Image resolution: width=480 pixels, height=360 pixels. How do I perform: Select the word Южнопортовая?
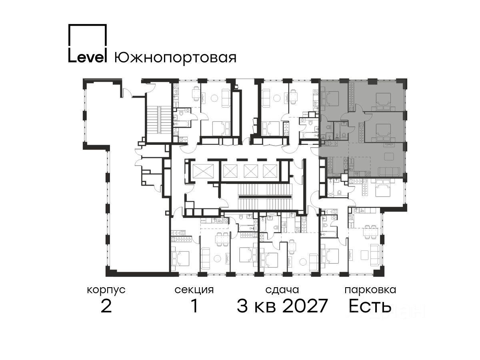pyautogui.click(x=175, y=58)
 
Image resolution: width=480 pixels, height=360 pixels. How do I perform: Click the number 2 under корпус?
pyautogui.click(x=106, y=306)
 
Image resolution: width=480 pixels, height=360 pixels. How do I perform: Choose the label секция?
pyautogui.click(x=194, y=290)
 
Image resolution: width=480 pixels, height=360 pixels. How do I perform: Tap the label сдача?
pyautogui.click(x=282, y=290)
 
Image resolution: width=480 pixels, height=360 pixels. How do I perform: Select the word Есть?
pyautogui.click(x=370, y=306)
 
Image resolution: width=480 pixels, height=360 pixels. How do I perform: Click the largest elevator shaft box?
pyautogui.click(x=203, y=171)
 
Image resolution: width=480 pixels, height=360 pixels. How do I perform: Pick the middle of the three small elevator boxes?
pyautogui.click(x=251, y=171)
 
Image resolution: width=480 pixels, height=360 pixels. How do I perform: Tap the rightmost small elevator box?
pyautogui.click(x=270, y=171)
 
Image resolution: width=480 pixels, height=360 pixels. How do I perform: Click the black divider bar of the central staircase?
pyautogui.click(x=265, y=197)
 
